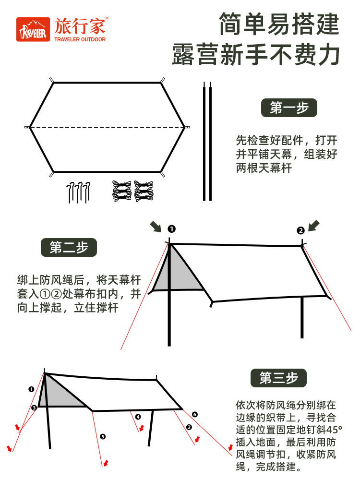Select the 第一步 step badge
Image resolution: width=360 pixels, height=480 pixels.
(289, 108)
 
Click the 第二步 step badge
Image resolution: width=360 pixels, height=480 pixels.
(69, 248)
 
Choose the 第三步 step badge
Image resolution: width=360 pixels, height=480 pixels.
(278, 378)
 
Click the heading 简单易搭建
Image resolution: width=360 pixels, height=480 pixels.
(279, 24)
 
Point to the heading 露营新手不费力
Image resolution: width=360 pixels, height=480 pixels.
(256, 55)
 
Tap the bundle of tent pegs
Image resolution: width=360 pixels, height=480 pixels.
(78, 192)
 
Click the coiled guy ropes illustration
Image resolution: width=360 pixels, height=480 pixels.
(132, 191)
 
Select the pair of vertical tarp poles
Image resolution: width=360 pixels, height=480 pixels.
(207, 142)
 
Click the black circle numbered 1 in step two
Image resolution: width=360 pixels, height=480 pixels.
(171, 229)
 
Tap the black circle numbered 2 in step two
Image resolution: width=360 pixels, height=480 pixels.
(300, 230)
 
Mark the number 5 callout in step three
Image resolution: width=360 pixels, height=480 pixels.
(102, 436)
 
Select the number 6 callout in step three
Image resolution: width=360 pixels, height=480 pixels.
(194, 414)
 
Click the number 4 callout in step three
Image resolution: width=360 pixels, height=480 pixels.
(138, 417)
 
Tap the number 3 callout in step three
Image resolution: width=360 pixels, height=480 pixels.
(34, 408)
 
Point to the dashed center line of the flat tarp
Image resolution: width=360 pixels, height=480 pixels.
(107, 127)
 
